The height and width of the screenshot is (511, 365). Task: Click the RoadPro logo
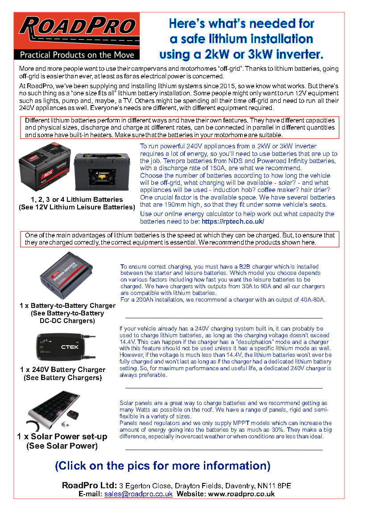(x=77, y=30)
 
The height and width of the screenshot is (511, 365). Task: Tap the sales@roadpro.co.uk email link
(x=138, y=494)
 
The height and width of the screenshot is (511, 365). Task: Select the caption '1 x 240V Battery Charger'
(x=63, y=369)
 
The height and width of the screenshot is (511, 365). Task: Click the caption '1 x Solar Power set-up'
(x=62, y=436)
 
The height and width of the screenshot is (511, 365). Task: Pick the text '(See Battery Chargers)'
(x=62, y=378)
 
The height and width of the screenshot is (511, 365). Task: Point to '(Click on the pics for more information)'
(x=162, y=466)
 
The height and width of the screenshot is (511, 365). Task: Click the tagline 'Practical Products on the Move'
(x=77, y=55)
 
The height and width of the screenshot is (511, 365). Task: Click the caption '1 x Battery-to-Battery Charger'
(x=67, y=306)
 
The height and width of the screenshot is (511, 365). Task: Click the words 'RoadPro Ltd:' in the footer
(x=89, y=485)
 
